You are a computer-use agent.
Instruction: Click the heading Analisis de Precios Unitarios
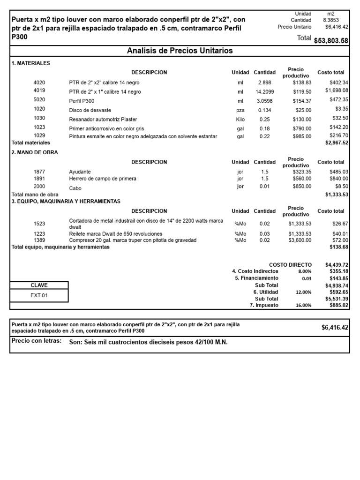click(180, 51)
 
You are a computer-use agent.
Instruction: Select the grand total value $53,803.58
click(331, 41)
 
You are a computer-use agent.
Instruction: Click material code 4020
click(39, 82)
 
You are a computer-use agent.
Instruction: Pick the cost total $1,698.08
click(337, 90)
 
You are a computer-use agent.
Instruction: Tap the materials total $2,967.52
click(337, 142)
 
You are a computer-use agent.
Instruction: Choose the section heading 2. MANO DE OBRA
click(35, 152)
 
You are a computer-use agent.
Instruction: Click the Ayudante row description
click(80, 172)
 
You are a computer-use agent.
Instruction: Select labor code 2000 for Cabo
click(39, 187)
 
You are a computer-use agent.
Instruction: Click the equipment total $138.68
click(338, 247)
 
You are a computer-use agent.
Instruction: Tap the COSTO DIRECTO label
click(290, 265)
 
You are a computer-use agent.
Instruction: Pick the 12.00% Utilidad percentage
click(304, 292)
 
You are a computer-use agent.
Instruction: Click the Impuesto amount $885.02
click(338, 305)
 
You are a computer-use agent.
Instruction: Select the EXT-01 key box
click(39, 296)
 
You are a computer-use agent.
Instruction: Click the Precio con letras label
click(37, 341)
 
